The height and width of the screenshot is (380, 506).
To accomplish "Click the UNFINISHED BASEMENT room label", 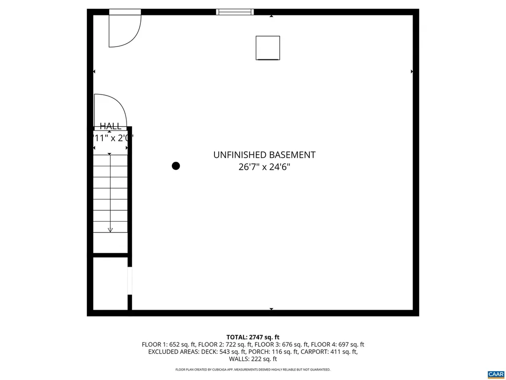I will pos(264,155).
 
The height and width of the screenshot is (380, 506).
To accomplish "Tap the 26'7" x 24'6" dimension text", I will pos(264,167).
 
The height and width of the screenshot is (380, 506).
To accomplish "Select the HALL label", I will pos(110,126).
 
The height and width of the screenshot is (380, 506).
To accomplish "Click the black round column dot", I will pos(175,166).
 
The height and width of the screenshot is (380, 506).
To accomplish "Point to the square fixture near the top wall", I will pos(268,48).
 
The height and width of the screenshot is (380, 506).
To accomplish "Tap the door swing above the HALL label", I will pos(110,110).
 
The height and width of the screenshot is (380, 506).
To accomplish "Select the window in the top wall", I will pos(235,12).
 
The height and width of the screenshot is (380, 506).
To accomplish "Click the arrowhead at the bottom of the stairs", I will pos(110,229).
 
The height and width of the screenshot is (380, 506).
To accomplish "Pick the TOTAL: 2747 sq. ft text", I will pos(253,337).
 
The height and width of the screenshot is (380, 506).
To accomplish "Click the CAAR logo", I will pos(495,374).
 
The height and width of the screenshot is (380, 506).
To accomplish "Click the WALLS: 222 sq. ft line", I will pos(253,359).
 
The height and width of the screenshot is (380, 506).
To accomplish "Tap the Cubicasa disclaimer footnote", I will pos(253,370).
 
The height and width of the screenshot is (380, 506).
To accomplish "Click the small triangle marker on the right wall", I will pos(412,72).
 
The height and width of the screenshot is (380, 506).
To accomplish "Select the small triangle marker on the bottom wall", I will pos(271,309).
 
